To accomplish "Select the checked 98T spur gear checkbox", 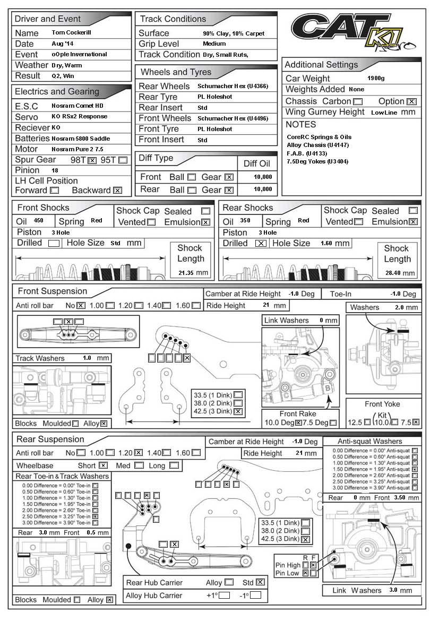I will (91, 160).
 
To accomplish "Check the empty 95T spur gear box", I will (123, 160).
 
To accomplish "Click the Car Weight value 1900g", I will (376, 79).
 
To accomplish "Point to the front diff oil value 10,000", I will (263, 177).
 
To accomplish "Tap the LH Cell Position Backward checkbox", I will (117, 191).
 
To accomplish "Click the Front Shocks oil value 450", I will (39, 221).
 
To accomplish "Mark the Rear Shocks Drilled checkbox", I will (261, 244).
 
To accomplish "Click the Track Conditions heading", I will (173, 19).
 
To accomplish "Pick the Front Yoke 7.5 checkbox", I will (416, 423).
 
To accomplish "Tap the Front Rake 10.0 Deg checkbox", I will (298, 423).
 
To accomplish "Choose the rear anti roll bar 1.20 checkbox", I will (138, 453).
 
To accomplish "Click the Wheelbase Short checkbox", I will (103, 465).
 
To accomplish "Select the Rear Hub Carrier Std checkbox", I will (260, 582).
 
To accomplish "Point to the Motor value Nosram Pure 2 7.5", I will (78, 149).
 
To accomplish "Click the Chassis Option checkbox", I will (411, 101).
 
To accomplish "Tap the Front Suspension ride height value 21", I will (266, 305).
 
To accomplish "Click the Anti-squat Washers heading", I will (377, 442).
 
